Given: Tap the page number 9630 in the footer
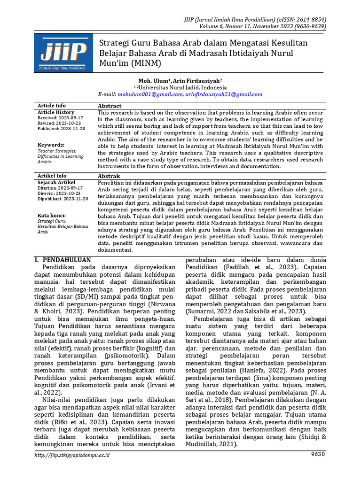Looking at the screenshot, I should (x=317, y=454).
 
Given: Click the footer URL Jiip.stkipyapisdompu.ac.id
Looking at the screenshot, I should (x=73, y=455).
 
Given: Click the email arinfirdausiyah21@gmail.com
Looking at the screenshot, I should (x=224, y=94).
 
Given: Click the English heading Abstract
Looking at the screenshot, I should (x=110, y=106).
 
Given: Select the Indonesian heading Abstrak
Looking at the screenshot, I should (x=109, y=176).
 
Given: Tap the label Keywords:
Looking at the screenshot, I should (x=51, y=145).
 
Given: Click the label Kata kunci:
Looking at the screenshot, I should (x=52, y=215).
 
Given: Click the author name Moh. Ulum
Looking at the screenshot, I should (x=153, y=80).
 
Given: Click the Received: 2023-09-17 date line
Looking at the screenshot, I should (x=60, y=118).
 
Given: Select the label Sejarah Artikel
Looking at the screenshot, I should (x=56, y=182).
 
